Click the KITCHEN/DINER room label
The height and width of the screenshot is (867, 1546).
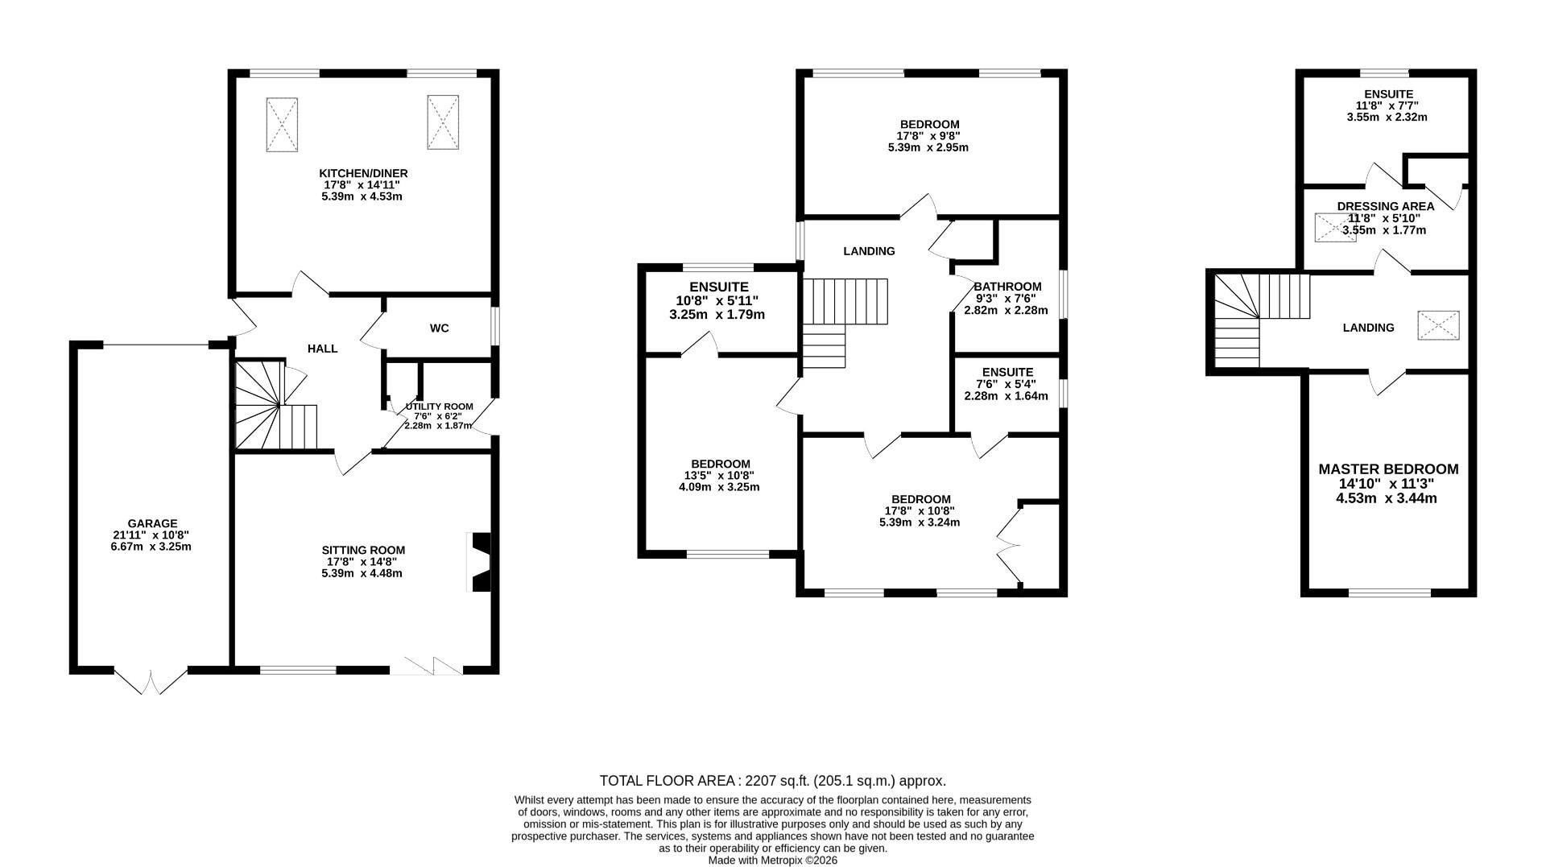pyautogui.click(x=363, y=173)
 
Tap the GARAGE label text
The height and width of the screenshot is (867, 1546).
pyautogui.click(x=151, y=523)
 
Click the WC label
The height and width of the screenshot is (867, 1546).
pyautogui.click(x=439, y=328)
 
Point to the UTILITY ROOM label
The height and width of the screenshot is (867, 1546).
pyautogui.click(x=439, y=407)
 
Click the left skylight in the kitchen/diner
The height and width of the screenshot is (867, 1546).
pyautogui.click(x=282, y=124)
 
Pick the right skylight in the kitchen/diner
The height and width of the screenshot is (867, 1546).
pyautogui.click(x=443, y=122)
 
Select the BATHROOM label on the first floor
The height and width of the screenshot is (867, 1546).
pyautogui.click(x=1007, y=287)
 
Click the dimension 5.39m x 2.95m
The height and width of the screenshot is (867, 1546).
pyautogui.click(x=928, y=148)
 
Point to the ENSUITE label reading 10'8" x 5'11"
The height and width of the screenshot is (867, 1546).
pyautogui.click(x=718, y=287)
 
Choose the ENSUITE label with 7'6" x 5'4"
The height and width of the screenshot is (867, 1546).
pyautogui.click(x=1007, y=372)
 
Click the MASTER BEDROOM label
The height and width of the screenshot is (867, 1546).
pyautogui.click(x=1388, y=469)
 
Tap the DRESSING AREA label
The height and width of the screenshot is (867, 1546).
pyautogui.click(x=1385, y=207)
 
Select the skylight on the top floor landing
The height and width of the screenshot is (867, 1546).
pyautogui.click(x=1438, y=326)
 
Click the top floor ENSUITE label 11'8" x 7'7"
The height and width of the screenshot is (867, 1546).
pyautogui.click(x=1388, y=94)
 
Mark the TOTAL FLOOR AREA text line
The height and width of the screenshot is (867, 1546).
pyautogui.click(x=772, y=781)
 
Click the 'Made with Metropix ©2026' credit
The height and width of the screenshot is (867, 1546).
pyautogui.click(x=772, y=861)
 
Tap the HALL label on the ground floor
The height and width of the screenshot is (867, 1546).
pyautogui.click(x=322, y=349)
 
